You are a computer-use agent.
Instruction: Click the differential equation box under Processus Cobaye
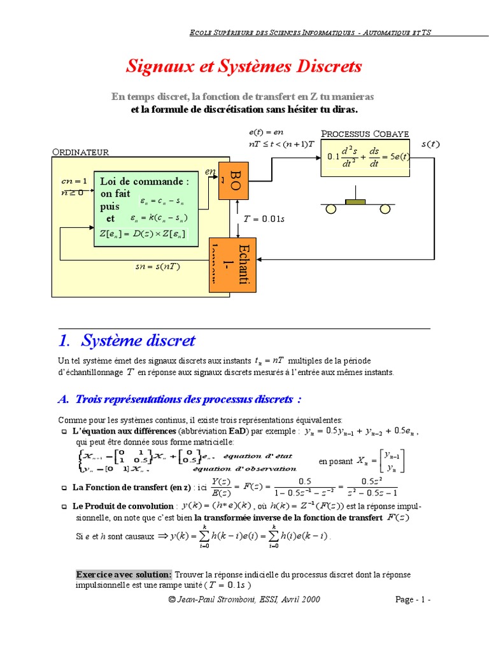click(x=365, y=157)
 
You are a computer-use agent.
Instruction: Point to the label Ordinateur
click(x=80, y=152)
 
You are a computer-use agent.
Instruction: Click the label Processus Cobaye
click(x=365, y=134)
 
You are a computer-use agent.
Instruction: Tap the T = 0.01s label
click(x=264, y=219)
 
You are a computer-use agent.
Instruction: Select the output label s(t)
click(x=430, y=145)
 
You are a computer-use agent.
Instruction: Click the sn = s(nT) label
click(x=158, y=266)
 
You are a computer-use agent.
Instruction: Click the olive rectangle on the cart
click(x=355, y=202)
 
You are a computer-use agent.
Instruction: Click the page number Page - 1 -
click(x=413, y=600)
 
